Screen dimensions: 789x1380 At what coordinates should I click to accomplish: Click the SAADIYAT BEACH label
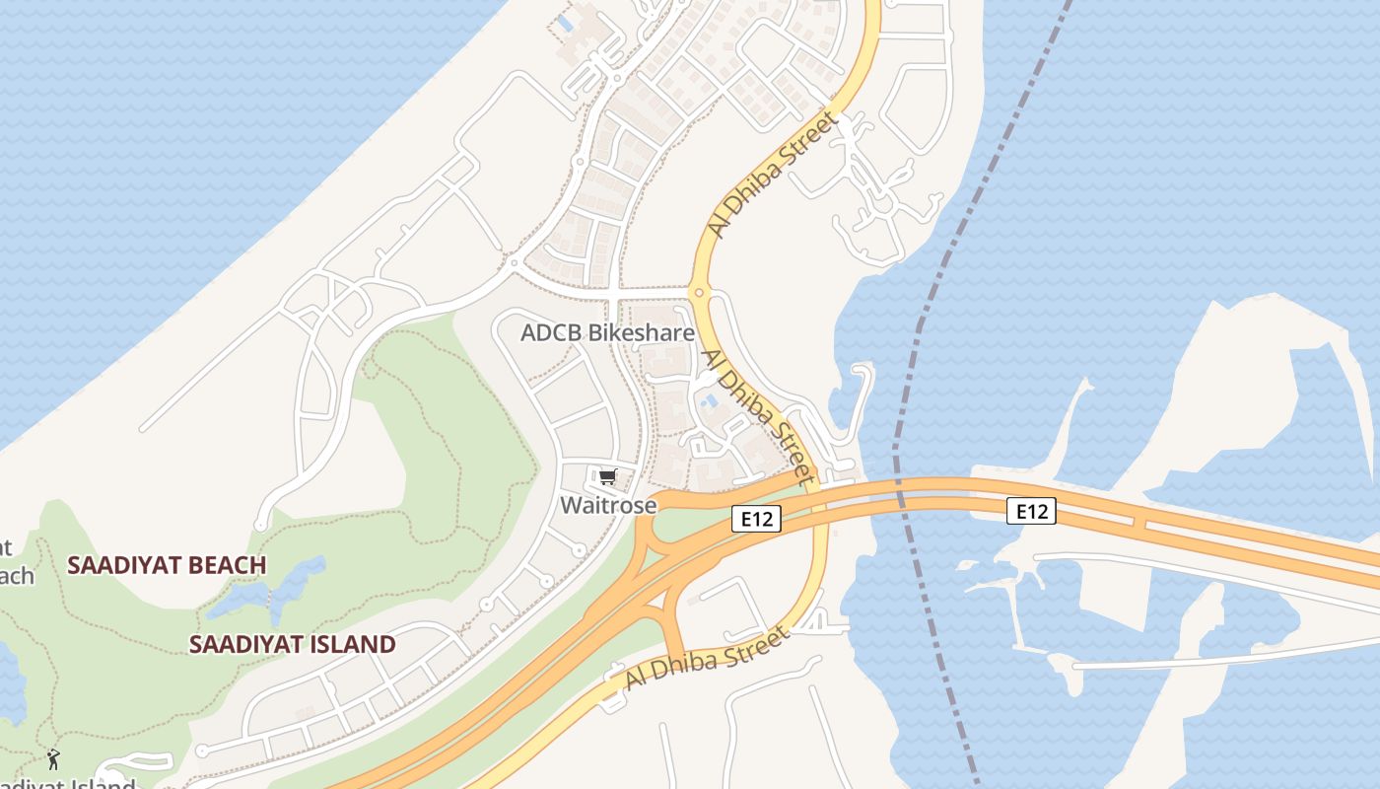[167, 565]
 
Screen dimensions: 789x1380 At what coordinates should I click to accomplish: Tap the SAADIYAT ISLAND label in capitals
[292, 645]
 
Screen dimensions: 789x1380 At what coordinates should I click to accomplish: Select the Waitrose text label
[608, 505]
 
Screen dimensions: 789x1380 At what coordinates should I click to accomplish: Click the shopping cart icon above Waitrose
[608, 477]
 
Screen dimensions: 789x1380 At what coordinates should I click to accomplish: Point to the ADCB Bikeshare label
[607, 333]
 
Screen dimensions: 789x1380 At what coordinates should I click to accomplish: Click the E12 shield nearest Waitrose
[756, 519]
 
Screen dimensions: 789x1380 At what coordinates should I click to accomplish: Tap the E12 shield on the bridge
[1031, 511]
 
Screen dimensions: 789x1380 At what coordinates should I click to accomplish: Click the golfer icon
[53, 759]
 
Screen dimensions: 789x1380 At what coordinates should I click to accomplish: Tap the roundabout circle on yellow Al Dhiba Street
[699, 292]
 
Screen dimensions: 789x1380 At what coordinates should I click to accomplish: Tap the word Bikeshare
[642, 333]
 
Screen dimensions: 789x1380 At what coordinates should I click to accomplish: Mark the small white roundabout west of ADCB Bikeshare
[514, 262]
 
